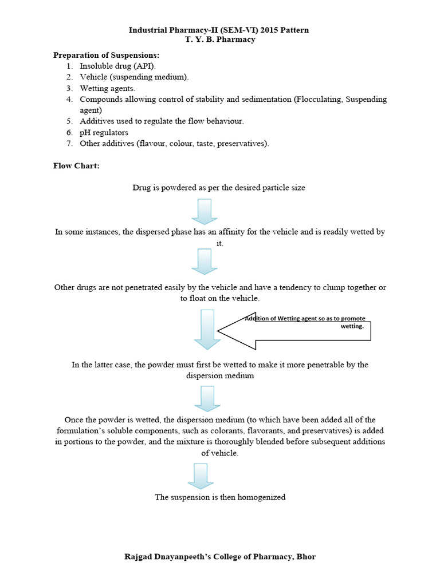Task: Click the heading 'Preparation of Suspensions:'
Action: [x=106, y=56]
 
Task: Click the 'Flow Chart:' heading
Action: [x=76, y=166]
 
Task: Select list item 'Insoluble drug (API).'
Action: [x=117, y=66]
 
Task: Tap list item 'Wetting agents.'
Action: [x=108, y=88]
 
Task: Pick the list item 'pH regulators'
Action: [x=104, y=132]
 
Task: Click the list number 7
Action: [x=69, y=143]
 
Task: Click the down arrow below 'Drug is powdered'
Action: [x=205, y=211]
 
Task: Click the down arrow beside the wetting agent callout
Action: [x=207, y=329]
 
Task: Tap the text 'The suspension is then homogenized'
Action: [x=220, y=497]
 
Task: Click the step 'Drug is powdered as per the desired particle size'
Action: [x=219, y=188]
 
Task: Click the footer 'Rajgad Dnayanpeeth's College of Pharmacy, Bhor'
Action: [x=220, y=556]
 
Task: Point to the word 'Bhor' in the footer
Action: [x=305, y=556]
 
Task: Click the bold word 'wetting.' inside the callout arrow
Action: [x=352, y=326]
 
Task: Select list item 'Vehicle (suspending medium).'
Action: [x=134, y=77]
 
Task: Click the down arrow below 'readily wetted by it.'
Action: [x=205, y=261]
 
